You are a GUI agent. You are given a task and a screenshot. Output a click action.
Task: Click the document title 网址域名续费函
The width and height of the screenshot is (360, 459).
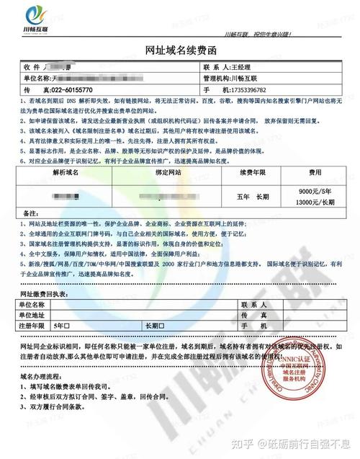coord(180,49)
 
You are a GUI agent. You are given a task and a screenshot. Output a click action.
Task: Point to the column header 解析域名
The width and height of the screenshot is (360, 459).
coord(68,173)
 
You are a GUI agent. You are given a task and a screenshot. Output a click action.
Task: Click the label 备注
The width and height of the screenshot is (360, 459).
coord(31,214)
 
